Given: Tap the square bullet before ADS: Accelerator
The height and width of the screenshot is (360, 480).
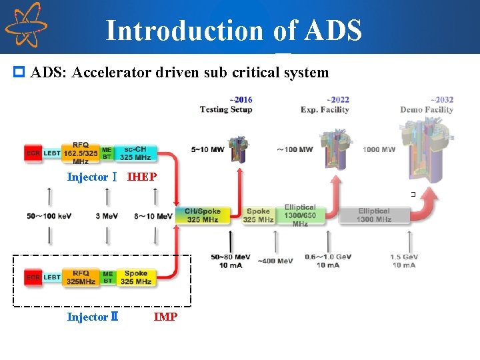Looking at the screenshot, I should tap(19, 72).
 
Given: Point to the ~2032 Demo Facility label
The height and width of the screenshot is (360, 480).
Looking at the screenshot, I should tap(427, 105).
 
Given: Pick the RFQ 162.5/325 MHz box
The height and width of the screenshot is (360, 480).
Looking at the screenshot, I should tap(81, 153).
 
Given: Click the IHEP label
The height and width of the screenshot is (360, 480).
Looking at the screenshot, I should tap(142, 177).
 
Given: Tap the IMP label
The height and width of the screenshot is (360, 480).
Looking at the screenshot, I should tap(165, 317).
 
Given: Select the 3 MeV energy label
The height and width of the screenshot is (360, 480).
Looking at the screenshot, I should tap(107, 216).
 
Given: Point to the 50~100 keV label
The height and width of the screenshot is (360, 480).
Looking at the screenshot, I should tap(49, 216).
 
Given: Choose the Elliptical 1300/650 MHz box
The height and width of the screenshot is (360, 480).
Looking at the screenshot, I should tap(300, 215).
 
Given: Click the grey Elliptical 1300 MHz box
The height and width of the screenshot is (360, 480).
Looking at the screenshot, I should tap(373, 215).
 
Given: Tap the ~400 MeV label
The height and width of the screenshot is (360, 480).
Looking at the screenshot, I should tap(274, 261).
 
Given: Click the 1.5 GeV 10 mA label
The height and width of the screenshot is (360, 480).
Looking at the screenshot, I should tap(405, 261).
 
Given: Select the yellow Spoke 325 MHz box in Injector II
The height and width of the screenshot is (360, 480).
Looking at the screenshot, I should tap(136, 277).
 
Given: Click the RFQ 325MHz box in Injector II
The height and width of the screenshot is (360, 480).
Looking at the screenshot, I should tap(81, 277).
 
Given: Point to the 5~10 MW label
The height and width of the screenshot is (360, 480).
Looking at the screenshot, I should tap(207, 149).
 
